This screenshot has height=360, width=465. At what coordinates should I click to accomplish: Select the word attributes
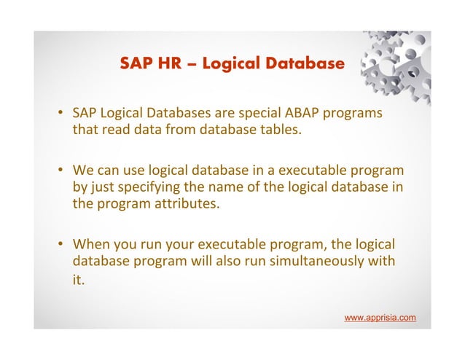(183, 204)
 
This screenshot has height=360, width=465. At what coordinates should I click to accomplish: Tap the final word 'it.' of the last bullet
(79, 278)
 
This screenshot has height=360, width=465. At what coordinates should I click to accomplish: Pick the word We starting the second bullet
(82, 172)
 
